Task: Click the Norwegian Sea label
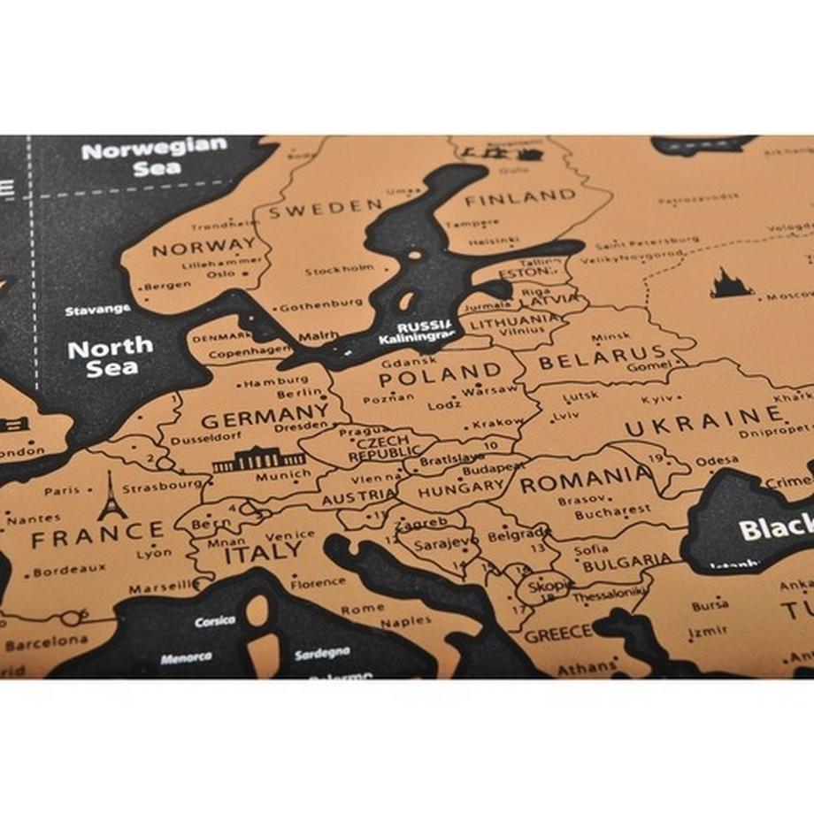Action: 155,156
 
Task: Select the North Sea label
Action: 110,357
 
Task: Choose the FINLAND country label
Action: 520,196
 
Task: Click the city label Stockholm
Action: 339,269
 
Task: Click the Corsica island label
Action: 215,621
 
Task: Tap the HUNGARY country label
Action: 461,488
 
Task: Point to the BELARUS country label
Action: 601,360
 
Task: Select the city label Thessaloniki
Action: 606,596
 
